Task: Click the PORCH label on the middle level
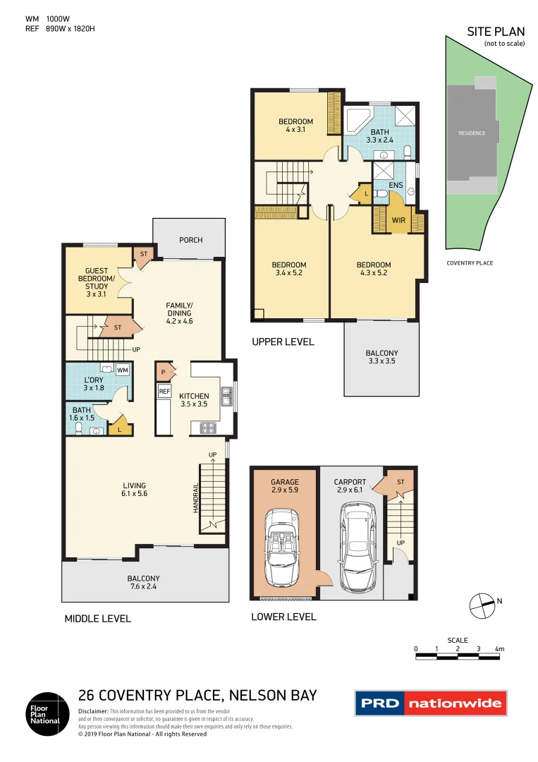pyautogui.click(x=190, y=240)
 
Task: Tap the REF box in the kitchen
pyautogui.click(x=164, y=391)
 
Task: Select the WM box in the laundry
pyautogui.click(x=122, y=370)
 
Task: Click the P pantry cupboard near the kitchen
pyautogui.click(x=164, y=371)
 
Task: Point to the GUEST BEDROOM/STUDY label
pyautogui.click(x=97, y=278)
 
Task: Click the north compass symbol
pyautogui.click(x=483, y=605)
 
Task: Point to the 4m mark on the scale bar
pyautogui.click(x=499, y=648)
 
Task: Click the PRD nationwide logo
pyautogui.click(x=429, y=703)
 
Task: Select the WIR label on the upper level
pyautogui.click(x=398, y=220)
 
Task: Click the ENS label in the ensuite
pyautogui.click(x=396, y=186)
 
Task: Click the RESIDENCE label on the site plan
pyautogui.click(x=472, y=133)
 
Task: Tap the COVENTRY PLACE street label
pyautogui.click(x=470, y=263)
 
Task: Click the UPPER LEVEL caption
pyautogui.click(x=283, y=342)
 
